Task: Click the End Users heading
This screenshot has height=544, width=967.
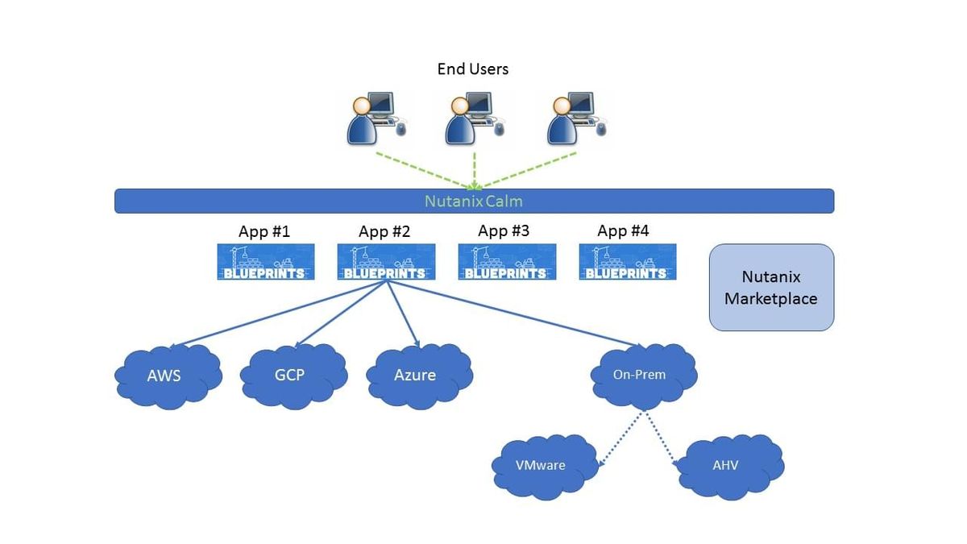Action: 473,69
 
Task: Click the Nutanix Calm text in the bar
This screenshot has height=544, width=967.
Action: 474,201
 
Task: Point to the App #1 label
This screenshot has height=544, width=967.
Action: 264,232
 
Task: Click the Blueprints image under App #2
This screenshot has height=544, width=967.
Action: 386,262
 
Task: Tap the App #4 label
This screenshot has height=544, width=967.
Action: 623,231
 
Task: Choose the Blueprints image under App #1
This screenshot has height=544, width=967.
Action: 266,262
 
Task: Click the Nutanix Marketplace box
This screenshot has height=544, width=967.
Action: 771,288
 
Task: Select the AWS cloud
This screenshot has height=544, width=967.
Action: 167,376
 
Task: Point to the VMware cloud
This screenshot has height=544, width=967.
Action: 541,465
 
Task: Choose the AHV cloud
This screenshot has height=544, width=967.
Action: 728,466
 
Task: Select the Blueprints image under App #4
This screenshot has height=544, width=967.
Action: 628,262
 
